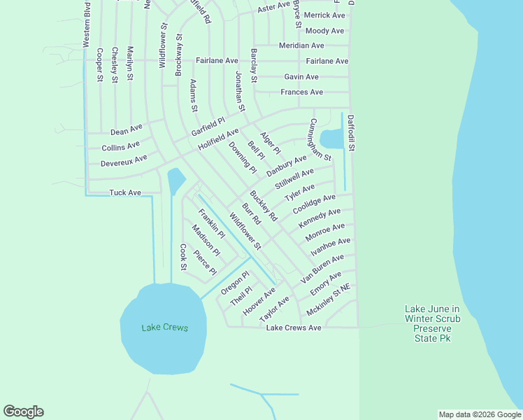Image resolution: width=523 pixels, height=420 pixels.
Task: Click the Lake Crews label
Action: point(164,328)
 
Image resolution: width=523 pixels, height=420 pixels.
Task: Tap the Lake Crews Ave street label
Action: point(294,328)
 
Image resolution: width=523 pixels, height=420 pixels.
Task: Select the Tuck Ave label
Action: point(125,192)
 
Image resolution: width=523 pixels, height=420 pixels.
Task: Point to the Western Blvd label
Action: point(87,24)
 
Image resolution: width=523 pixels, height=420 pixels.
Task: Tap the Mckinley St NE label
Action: point(328,300)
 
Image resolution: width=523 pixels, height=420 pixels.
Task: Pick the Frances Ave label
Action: point(301,92)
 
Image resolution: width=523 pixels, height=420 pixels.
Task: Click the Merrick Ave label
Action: point(324,15)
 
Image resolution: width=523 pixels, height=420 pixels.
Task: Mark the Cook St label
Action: point(183,257)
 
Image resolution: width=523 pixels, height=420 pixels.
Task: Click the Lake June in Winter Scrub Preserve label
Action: point(432,323)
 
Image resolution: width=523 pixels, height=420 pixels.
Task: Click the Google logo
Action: point(23,412)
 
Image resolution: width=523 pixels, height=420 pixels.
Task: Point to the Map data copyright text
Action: point(480,414)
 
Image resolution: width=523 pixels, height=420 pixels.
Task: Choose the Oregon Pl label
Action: point(235,282)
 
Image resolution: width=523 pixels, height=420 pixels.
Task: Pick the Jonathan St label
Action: point(241,92)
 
